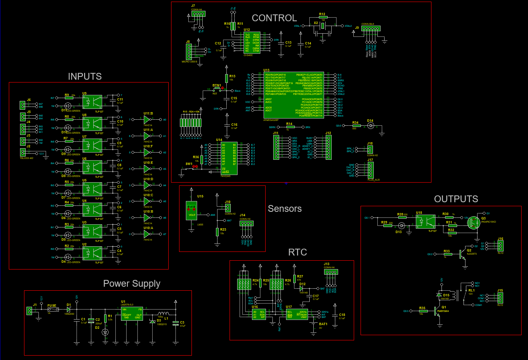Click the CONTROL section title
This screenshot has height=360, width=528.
274,18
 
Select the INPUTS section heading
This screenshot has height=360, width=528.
85,76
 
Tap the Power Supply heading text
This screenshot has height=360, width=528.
131,284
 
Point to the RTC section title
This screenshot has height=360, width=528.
297,252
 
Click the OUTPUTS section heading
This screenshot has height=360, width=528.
456,199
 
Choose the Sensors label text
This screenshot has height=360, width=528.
284,209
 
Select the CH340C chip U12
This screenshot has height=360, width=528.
252,42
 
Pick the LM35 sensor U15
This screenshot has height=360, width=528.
192,212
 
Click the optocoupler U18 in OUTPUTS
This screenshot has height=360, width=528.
425,221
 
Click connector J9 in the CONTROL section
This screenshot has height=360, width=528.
371,28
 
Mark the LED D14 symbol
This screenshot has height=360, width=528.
371,126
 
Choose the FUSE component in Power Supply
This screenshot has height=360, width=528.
52,310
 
